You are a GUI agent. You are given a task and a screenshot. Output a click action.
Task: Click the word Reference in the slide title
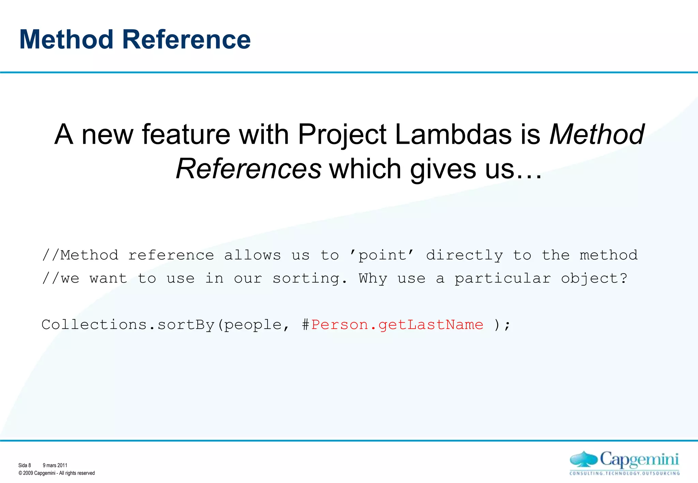point(186,40)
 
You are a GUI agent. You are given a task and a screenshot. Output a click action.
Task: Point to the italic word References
point(248,169)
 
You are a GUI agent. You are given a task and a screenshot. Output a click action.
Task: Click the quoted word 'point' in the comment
point(382,255)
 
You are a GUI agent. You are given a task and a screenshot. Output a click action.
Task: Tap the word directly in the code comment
point(464,255)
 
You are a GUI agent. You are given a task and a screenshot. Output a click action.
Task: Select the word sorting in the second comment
point(310,279)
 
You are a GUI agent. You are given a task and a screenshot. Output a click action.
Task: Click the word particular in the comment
point(503,279)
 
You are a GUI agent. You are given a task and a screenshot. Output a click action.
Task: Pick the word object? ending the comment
point(594,279)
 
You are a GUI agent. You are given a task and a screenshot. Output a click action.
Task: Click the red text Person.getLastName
point(397,325)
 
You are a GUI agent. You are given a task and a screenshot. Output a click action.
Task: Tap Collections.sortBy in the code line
point(128,325)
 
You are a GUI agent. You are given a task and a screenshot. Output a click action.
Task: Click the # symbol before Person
point(305,325)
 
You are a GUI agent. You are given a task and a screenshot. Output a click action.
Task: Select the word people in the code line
point(253,325)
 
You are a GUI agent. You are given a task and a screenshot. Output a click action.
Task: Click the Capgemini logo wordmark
point(639,460)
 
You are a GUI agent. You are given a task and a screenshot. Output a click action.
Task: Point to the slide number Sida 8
point(25,465)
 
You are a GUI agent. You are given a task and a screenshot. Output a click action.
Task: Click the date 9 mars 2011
point(55,465)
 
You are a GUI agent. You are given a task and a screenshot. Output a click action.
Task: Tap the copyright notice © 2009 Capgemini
point(57,473)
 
